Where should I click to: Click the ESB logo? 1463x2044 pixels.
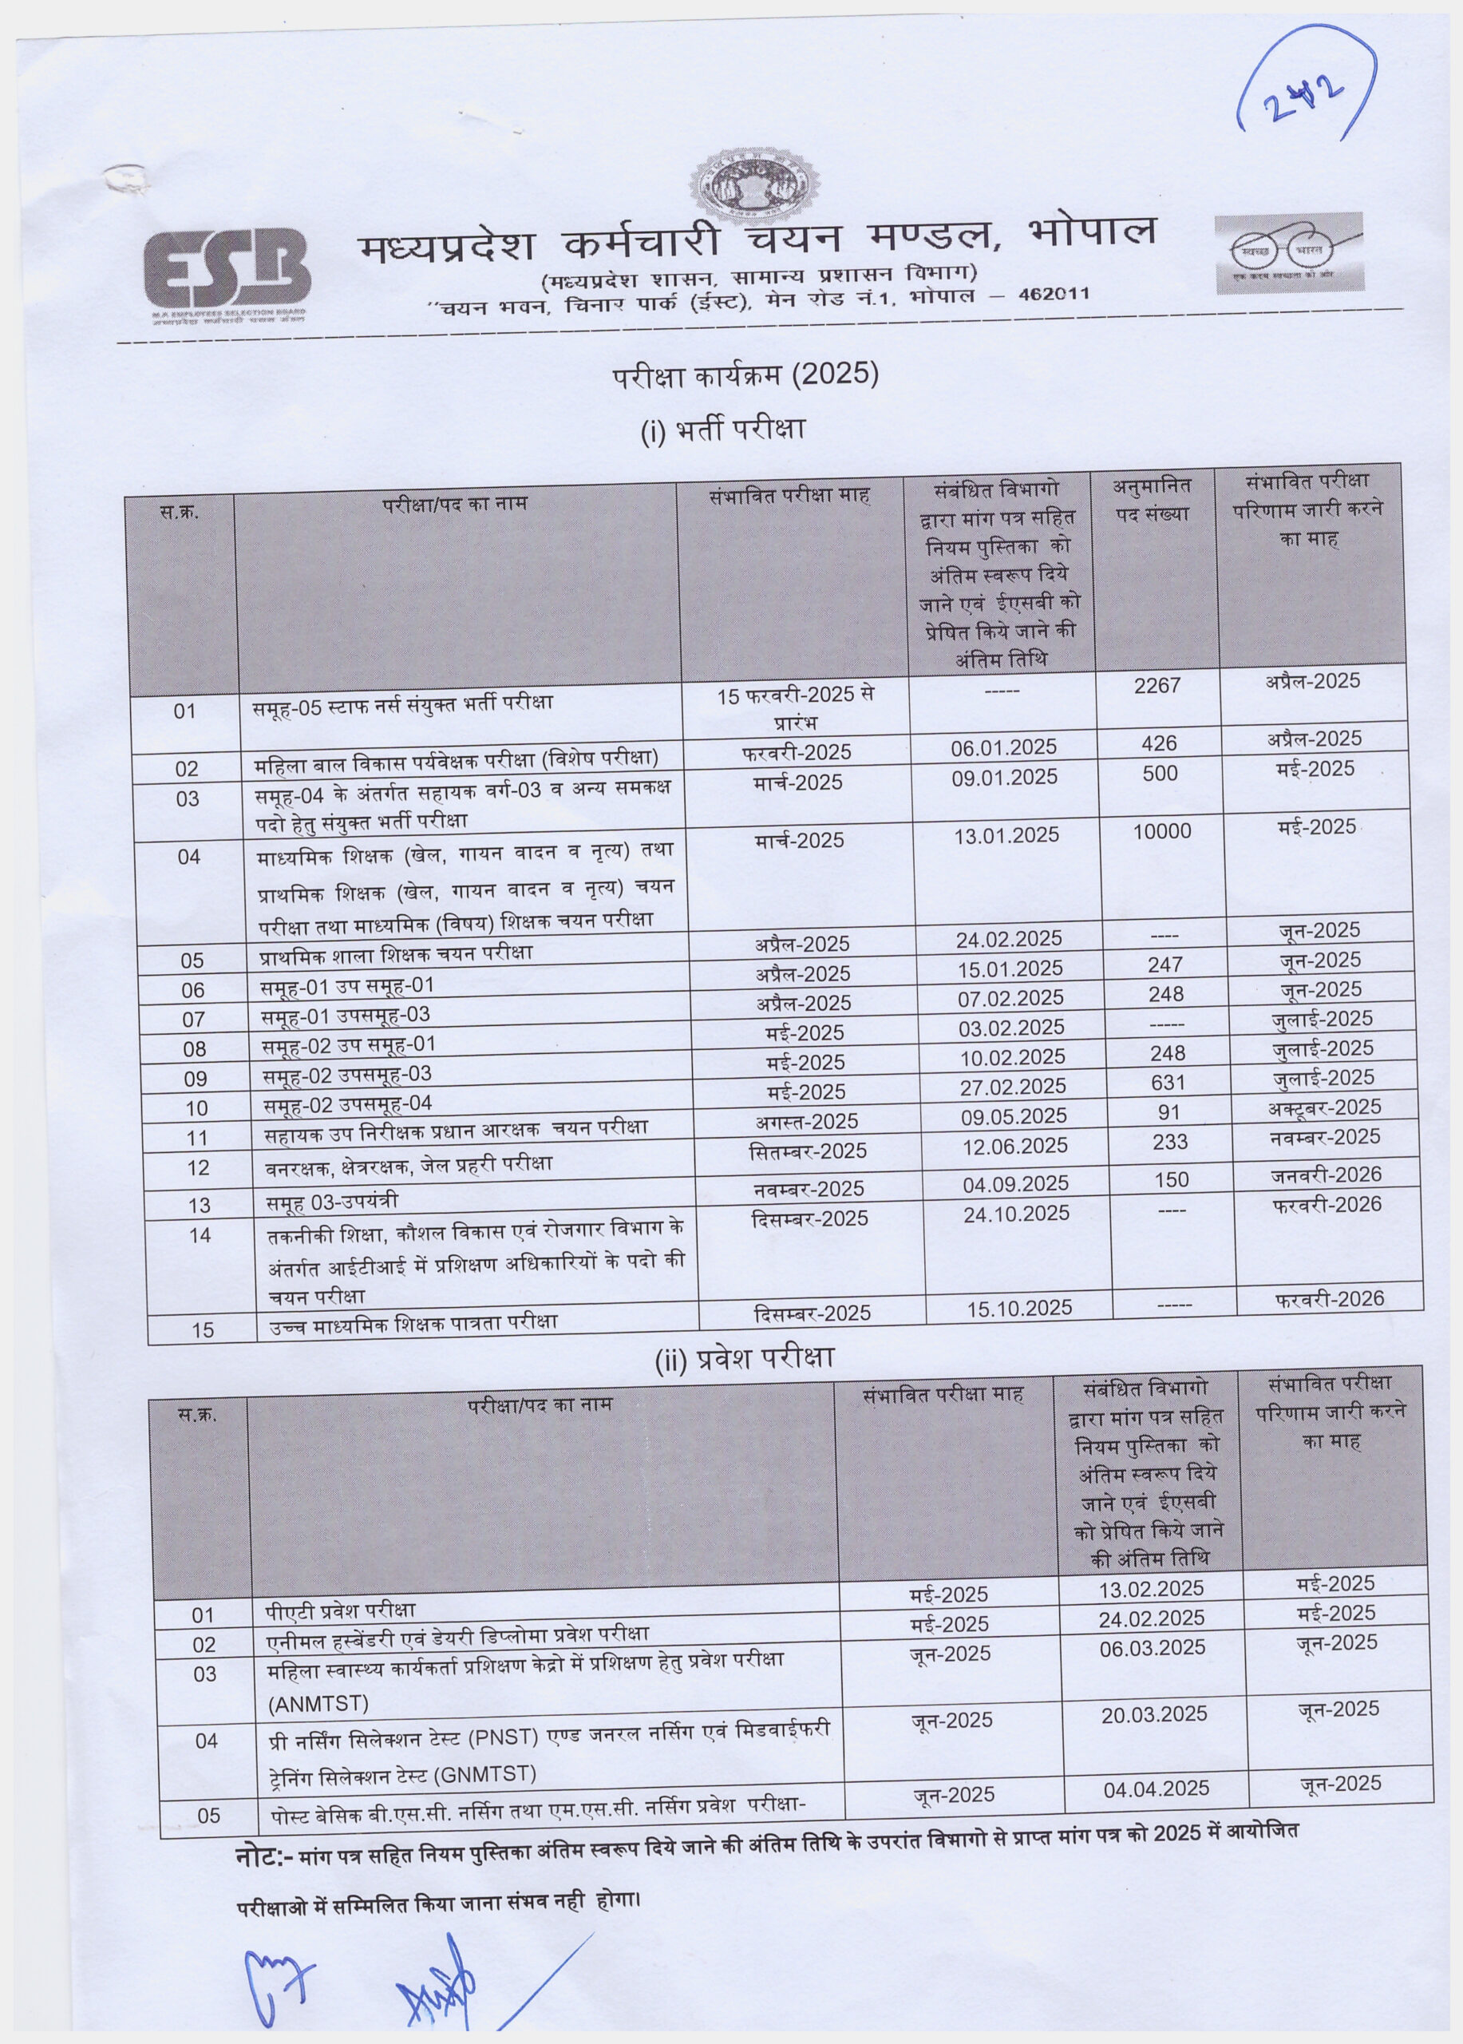click(227, 271)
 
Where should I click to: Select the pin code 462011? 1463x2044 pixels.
click(1054, 294)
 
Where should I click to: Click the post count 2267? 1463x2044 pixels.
click(1157, 686)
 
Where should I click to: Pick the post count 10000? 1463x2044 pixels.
click(1162, 831)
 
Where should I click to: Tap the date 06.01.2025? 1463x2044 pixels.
click(1003, 747)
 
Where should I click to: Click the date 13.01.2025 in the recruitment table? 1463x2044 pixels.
click(1006, 835)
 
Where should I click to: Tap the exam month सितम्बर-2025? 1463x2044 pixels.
click(807, 1151)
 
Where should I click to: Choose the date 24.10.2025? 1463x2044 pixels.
click(1016, 1213)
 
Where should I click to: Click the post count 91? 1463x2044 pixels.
click(1168, 1112)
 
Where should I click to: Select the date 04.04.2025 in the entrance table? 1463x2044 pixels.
click(1156, 1788)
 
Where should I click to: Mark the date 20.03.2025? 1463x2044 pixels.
click(1154, 1714)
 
